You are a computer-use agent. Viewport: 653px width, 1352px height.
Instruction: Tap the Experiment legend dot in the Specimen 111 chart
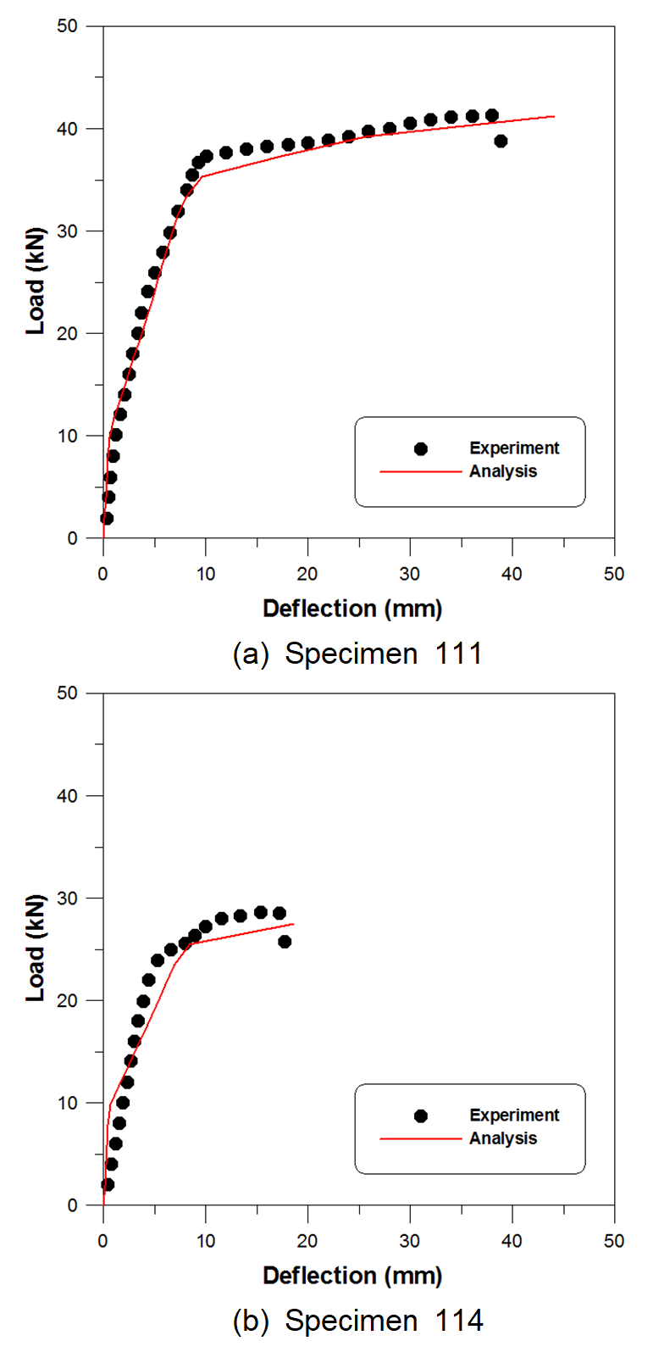click(421, 448)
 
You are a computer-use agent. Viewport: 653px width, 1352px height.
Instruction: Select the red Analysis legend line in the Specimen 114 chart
click(420, 1138)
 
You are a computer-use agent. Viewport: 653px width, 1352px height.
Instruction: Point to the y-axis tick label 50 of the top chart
click(67, 26)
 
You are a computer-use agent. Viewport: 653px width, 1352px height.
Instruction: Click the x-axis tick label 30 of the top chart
click(410, 574)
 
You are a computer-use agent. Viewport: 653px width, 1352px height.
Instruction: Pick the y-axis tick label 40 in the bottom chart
click(67, 796)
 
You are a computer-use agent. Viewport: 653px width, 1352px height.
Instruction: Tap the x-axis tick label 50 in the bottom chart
click(614, 1241)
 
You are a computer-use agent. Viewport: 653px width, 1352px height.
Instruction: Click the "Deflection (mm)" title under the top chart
click(352, 609)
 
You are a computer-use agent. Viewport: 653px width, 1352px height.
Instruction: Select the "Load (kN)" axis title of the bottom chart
click(36, 948)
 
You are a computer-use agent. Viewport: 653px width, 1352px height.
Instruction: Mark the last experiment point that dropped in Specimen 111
click(501, 141)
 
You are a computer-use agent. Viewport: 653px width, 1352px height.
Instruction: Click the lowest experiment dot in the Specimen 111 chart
click(107, 518)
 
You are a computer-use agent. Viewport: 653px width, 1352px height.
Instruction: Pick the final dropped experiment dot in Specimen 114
click(285, 941)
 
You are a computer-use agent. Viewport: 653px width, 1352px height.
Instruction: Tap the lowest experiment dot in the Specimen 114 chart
click(108, 1184)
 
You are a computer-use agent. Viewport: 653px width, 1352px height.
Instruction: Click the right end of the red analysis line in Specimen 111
click(554, 116)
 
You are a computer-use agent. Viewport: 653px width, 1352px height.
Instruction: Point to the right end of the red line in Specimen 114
click(293, 924)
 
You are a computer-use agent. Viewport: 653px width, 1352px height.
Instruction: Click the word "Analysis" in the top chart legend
click(503, 471)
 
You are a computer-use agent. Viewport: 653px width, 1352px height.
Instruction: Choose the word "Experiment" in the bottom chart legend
click(514, 1116)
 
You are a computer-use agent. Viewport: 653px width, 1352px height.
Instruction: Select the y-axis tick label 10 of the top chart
click(67, 436)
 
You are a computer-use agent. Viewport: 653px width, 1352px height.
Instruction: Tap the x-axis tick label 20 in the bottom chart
click(307, 1241)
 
